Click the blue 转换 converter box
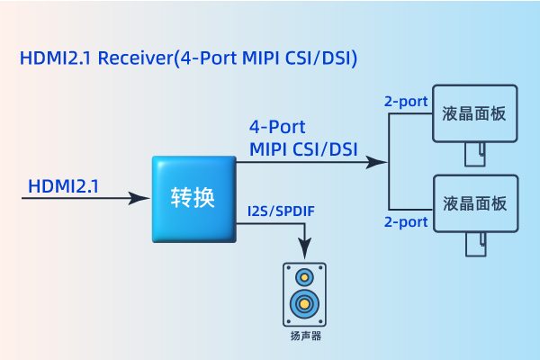click(193, 198)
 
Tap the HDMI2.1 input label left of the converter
click(64, 186)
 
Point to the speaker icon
click(304, 294)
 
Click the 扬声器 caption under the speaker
click(305, 337)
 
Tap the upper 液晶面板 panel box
click(475, 113)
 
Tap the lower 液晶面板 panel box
click(475, 202)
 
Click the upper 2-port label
click(405, 101)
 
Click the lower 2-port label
click(405, 221)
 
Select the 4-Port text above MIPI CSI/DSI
click(278, 126)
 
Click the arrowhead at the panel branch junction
click(379, 163)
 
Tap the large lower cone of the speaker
click(305, 303)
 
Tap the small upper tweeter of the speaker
click(305, 276)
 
